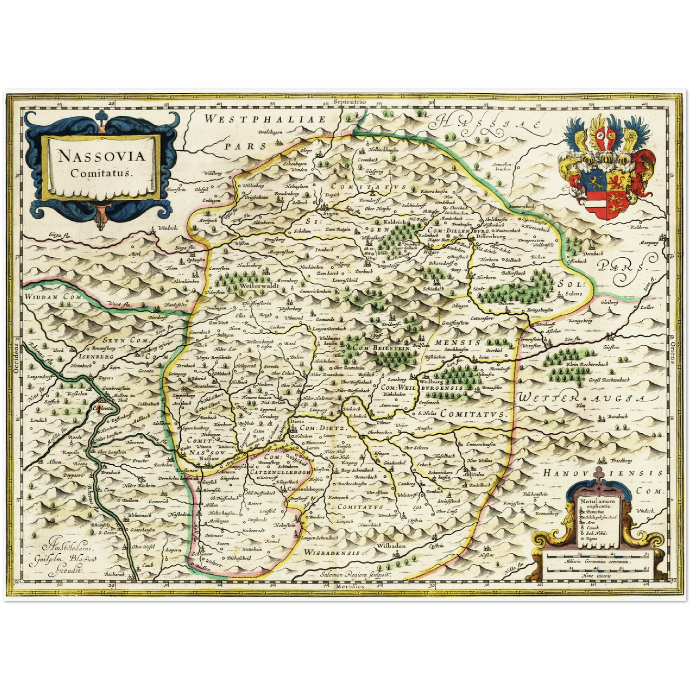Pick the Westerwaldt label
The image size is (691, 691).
(x=259, y=285)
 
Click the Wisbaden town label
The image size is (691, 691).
(x=391, y=545)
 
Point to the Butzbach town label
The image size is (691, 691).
(x=617, y=417)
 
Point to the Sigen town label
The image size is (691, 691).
(x=329, y=214)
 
